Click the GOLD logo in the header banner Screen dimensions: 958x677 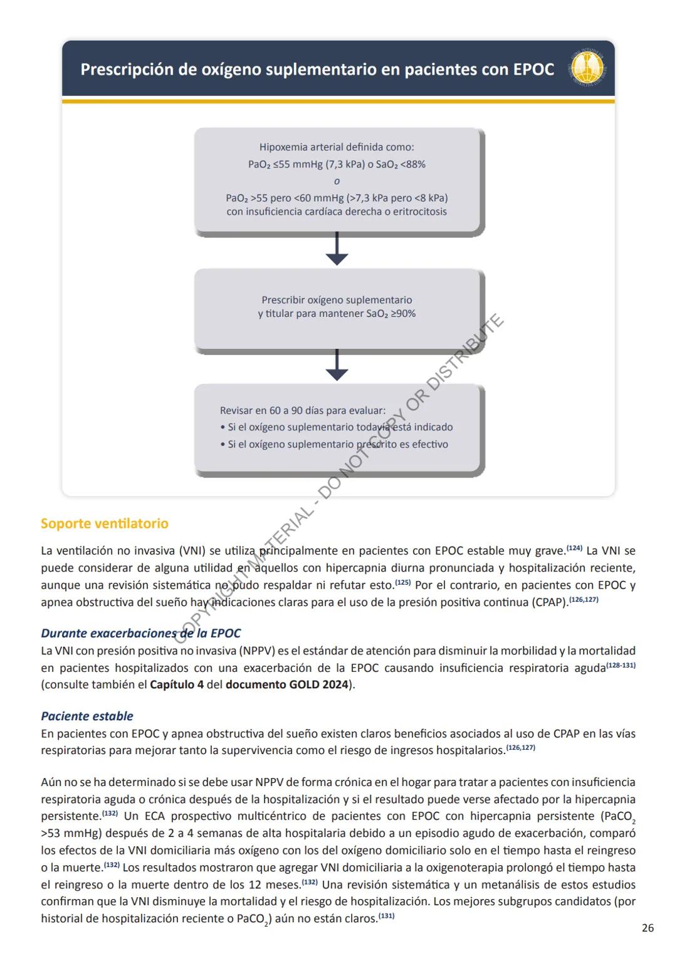(x=589, y=68)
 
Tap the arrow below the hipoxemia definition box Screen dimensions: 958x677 (x=337, y=250)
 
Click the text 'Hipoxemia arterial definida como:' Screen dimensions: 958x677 (x=337, y=147)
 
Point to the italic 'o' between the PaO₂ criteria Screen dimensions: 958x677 (x=337, y=181)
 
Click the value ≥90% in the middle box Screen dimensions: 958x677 (x=403, y=314)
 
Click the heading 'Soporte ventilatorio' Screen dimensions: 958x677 (x=104, y=523)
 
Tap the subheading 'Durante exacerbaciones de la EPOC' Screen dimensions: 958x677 (x=140, y=634)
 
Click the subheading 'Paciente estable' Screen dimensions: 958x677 (x=87, y=716)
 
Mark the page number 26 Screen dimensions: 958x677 (x=648, y=928)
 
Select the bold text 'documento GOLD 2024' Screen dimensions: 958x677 (x=286, y=685)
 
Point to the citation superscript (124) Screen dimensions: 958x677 (x=574, y=548)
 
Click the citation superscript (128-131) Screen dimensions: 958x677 (x=621, y=665)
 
